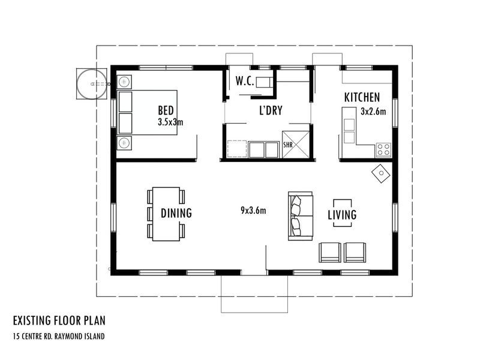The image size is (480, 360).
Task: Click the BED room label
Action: point(166,110)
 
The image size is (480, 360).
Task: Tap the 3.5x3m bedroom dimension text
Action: point(170,122)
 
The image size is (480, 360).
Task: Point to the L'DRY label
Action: point(271,110)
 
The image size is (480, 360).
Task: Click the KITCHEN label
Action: point(362,97)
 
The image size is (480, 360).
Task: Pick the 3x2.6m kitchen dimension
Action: point(373,111)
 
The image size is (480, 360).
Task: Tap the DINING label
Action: point(176,212)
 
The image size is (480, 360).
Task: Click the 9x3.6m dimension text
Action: point(253,210)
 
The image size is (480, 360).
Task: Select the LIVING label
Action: point(342,214)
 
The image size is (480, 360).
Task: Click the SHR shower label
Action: point(287,145)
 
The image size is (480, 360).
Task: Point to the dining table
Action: point(166,214)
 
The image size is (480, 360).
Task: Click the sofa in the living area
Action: point(300,217)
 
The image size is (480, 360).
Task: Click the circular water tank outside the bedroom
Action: point(92,83)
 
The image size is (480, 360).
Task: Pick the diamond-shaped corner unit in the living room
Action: point(380,173)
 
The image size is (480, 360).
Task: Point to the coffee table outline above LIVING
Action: point(342,204)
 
